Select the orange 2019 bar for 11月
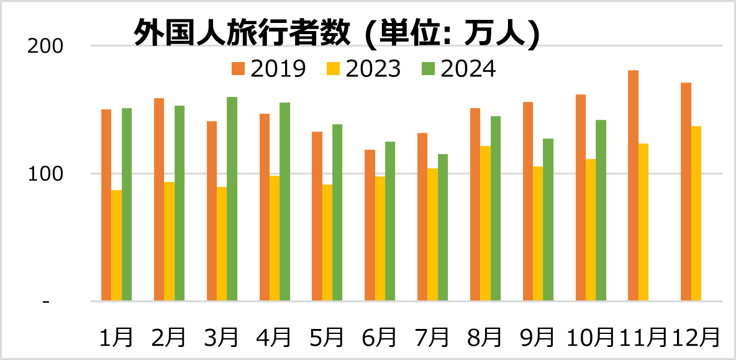click(x=633, y=186)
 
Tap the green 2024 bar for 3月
click(x=232, y=199)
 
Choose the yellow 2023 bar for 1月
click(x=116, y=245)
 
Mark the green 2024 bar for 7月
click(x=443, y=227)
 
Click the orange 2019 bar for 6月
click(x=370, y=225)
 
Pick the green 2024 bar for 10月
click(x=601, y=210)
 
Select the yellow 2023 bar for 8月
click(x=485, y=223)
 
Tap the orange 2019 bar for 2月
click(x=159, y=199)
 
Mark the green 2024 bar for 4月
click(x=284, y=202)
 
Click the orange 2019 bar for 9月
click(x=528, y=201)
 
